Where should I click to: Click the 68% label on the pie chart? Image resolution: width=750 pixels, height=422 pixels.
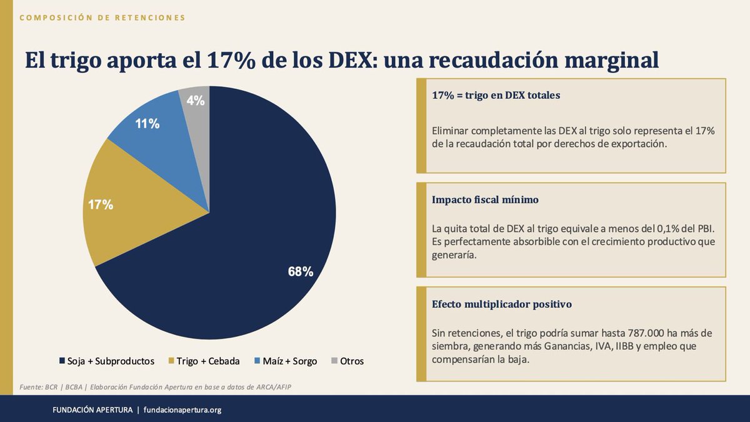coord(300,272)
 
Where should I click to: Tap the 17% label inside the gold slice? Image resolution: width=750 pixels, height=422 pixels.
coord(100,204)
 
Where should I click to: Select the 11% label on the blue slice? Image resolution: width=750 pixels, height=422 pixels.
coord(147,124)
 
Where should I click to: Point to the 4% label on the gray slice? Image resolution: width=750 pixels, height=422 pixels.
coord(196,100)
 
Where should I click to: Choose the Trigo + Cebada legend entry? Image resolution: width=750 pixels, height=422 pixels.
coord(204,361)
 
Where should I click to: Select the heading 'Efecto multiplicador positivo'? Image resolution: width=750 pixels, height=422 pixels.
coord(502,304)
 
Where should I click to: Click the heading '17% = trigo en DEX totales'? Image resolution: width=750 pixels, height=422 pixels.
coord(496,96)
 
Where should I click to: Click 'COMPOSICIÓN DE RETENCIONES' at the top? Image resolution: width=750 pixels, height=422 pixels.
coord(103,18)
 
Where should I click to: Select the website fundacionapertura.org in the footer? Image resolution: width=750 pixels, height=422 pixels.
coord(182,410)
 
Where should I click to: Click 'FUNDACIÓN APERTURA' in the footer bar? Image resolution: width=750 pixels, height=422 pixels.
coord(92,410)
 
